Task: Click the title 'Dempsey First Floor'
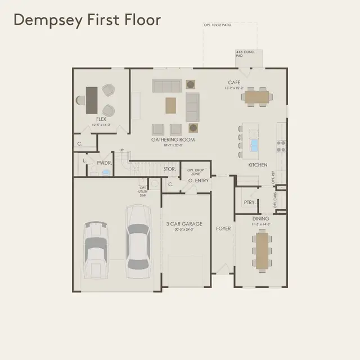pos(87,20)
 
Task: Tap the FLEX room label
pos(101,119)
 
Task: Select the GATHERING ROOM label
pos(173,139)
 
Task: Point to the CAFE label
pos(234,83)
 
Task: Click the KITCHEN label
pos(258,165)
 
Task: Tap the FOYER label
pos(223,229)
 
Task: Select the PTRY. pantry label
pos(250,202)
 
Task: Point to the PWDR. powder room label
pos(105,163)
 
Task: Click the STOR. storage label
pos(169,169)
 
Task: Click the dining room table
pos(260,249)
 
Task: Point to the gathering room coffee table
pos(171,104)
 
